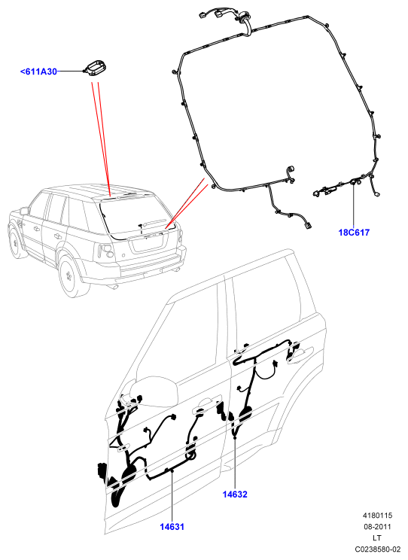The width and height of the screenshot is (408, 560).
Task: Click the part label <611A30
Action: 38,72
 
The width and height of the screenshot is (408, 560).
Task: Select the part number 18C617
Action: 354,233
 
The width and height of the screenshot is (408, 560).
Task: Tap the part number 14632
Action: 235,495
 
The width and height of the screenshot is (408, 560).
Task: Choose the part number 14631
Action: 172,526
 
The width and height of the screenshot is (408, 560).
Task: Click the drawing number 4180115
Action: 378,516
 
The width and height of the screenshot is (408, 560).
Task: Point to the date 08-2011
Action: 378,526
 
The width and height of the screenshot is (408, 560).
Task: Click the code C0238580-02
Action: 378,549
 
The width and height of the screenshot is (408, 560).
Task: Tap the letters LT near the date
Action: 377,537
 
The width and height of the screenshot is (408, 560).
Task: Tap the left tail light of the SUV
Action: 106,252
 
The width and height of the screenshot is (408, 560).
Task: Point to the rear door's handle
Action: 300,355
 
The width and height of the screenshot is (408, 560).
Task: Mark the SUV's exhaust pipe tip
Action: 115,288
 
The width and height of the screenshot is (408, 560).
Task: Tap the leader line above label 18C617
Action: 354,205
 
